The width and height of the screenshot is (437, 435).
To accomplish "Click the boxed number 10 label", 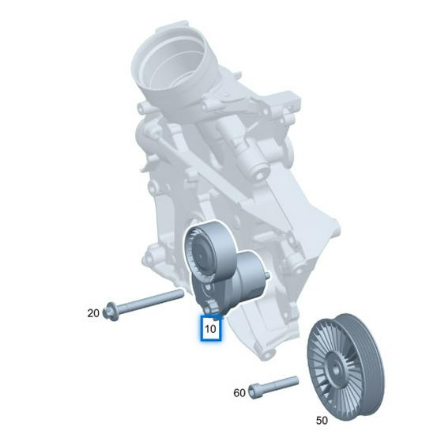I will pos(211,327).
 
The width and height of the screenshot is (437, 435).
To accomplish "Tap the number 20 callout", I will pos(93,313).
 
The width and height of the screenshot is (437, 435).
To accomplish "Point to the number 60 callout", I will pos(238,392).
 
